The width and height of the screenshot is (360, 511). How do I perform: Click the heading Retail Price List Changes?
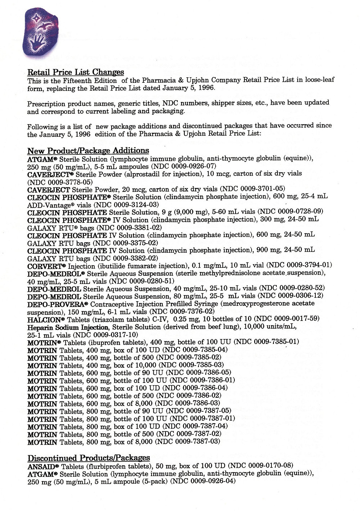(x=76, y=73)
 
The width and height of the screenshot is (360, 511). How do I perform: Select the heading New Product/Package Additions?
(x=88, y=150)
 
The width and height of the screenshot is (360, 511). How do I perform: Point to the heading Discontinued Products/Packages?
(x=89, y=458)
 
